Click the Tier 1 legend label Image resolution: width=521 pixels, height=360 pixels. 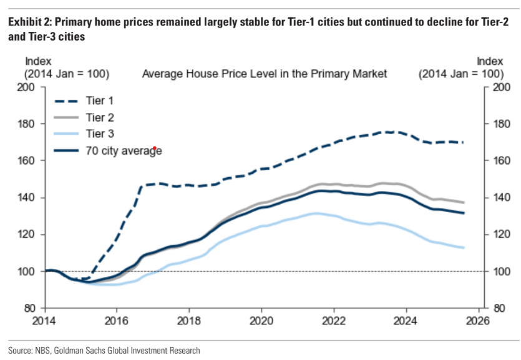click(x=99, y=100)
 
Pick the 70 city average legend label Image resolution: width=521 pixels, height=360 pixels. click(x=124, y=150)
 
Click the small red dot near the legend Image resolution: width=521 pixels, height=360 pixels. click(x=153, y=148)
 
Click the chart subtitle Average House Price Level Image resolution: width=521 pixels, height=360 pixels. click(x=265, y=74)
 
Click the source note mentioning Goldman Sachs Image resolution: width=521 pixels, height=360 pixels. click(x=104, y=350)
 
